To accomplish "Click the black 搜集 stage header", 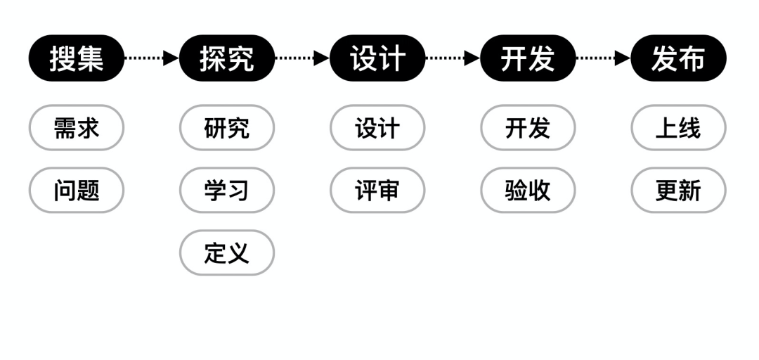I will pos(76,58).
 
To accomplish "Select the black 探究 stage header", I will pos(226,58).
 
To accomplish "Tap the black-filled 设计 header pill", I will pos(377,58).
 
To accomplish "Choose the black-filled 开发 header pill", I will pos(528,58).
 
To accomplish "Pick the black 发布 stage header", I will pos(678,58).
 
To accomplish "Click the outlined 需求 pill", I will pos(76,128).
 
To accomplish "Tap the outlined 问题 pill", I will pos(76,190).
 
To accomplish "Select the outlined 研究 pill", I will pos(226,128).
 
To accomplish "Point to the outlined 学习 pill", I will pos(226,190).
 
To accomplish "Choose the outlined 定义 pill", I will pos(226,252).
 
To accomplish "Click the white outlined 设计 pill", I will pos(377,128).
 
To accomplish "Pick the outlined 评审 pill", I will pos(377,190).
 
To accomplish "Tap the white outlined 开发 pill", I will pos(528,128).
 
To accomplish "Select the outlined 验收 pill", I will pos(528,190).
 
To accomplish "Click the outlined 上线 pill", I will pos(678,128).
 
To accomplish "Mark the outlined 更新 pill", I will pos(678,190).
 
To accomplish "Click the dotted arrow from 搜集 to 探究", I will pos(151,58).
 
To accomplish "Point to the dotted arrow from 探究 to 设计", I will pos(302,58).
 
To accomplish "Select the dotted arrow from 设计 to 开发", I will pos(453,58).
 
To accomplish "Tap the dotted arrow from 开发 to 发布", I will pos(603,58).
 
